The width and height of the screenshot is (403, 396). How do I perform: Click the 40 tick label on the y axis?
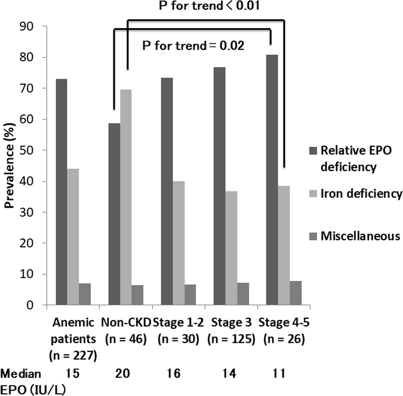coord(31,181)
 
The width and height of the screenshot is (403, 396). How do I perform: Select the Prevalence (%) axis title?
coord(9,166)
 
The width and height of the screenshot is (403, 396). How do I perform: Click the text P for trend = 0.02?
coord(192,46)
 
